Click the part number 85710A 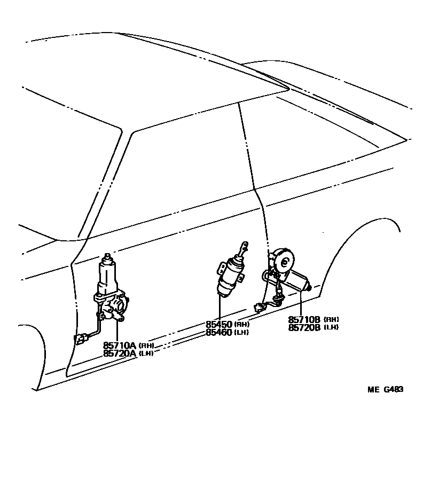point(121,345)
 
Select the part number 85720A point(121,353)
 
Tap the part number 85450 point(219,324)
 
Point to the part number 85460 point(219,332)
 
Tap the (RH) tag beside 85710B point(331,320)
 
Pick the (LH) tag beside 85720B point(331,327)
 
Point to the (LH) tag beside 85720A point(147,353)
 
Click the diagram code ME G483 point(385,389)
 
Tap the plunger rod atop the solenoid point(244,249)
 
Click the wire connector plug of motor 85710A point(81,339)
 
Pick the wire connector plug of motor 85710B point(259,308)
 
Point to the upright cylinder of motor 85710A point(109,275)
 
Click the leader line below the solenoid point(220,307)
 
